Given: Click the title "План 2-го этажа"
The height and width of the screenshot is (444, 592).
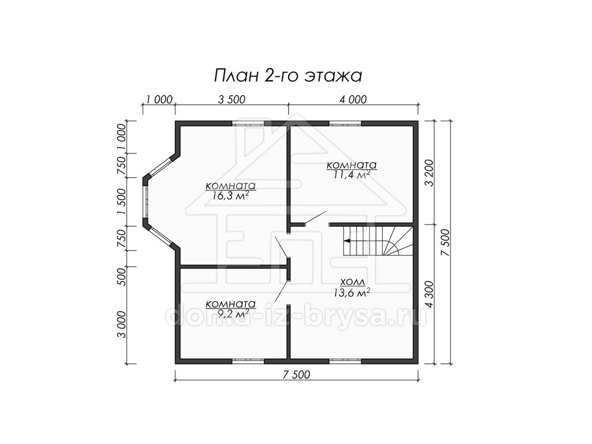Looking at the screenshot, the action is pos(288,76).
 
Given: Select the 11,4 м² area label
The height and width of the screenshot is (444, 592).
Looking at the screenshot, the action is pos(351,175).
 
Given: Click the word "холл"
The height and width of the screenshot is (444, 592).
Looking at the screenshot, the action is pos(353,282).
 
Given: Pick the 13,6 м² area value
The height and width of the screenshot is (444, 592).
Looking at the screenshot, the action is pos(352,293).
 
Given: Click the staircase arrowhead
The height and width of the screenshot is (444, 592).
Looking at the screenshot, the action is pos(347,240).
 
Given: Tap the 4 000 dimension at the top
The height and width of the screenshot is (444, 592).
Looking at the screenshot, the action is pos(353,100).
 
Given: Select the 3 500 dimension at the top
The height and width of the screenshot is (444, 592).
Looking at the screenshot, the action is pos(232,100).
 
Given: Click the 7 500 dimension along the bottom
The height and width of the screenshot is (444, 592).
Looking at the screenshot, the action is pos(296,375).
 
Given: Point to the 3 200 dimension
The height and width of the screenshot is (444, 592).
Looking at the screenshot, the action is pos(429,173).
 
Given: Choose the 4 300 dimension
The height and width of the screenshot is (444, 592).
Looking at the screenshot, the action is pos(429,294).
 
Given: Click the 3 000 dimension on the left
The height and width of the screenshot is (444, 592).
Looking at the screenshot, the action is pos(122,324).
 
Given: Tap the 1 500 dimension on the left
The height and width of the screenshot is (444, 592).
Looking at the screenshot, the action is pos(122,202).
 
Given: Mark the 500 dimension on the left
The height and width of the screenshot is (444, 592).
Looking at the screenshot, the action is pos(122,277).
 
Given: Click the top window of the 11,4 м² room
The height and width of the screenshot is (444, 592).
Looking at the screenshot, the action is pos(345,124).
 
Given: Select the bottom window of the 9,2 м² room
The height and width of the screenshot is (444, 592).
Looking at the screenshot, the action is pos(248,361).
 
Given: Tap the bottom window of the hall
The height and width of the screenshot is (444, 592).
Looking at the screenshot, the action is pos(345,361).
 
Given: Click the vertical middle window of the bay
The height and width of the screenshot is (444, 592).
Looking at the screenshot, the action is pos(146,202).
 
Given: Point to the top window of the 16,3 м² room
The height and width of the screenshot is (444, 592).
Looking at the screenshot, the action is pos(248,124).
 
